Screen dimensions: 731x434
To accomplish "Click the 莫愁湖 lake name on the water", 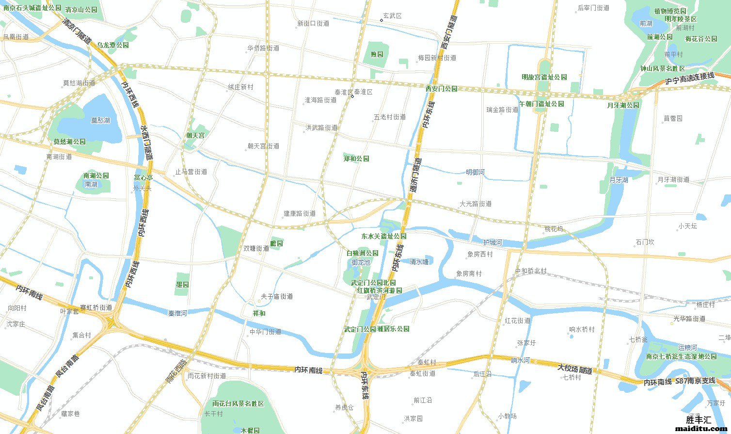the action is pos(100,120).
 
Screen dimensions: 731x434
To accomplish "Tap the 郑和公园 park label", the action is pos(356,159).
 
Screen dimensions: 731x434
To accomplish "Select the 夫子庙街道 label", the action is pos(277,296).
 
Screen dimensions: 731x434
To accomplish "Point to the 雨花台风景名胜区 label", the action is pos(238,403).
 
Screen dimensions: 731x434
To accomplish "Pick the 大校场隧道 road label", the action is pos(575,369).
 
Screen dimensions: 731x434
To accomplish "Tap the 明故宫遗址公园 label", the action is pos(544,77).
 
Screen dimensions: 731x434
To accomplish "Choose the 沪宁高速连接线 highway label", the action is pos(690,79).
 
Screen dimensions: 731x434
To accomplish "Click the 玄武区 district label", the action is pos(392,16).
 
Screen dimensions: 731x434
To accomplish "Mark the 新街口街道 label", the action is pos(313,23).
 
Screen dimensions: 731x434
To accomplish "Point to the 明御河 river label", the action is pos(475,172).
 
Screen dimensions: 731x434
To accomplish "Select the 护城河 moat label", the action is pos(493,242).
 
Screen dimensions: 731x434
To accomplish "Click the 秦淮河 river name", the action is pos(177,313).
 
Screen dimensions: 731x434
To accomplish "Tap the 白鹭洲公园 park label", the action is pos(362,253).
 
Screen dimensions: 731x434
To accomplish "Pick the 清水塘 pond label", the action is pos(419,262).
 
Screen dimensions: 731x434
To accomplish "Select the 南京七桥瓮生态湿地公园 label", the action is pos(681,356).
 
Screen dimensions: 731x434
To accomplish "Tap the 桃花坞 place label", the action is pos(554,229).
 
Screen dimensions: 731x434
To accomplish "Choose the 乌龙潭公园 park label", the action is pos(112,45).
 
